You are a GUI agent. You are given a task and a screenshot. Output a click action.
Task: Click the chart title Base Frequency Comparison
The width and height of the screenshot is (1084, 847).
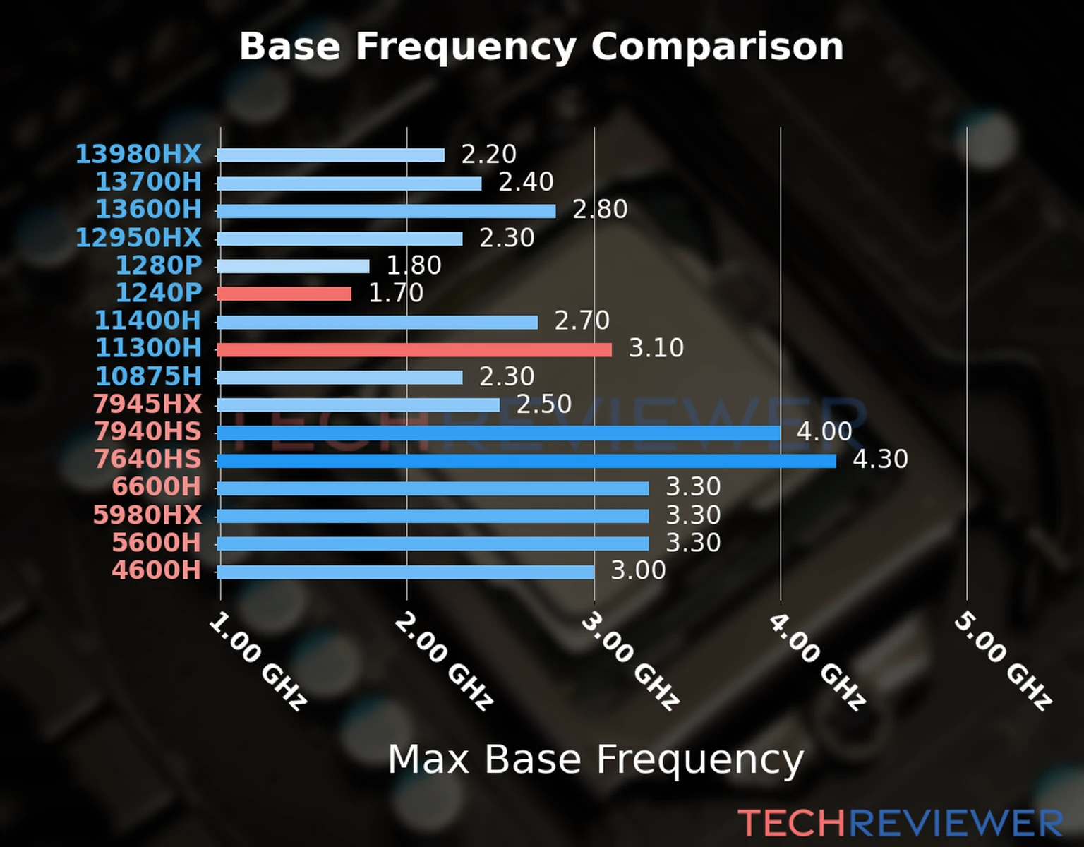[x=541, y=47]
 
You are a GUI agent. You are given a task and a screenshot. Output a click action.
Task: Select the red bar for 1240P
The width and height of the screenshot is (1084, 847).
[x=284, y=294]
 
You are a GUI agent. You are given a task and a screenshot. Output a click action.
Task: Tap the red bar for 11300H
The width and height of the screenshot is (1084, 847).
[x=414, y=349]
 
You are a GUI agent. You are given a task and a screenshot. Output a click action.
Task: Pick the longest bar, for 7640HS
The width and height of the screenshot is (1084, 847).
[x=526, y=461]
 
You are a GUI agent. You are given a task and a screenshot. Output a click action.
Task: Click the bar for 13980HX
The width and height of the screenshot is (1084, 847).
[x=331, y=155]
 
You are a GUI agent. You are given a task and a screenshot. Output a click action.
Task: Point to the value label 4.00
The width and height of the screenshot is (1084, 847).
[x=824, y=431]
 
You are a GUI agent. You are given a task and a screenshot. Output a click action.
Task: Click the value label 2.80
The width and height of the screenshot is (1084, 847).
[x=600, y=210]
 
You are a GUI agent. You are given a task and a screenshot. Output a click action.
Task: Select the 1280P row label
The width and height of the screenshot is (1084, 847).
[x=159, y=265]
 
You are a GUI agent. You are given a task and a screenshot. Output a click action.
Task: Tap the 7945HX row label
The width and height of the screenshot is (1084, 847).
[x=147, y=404]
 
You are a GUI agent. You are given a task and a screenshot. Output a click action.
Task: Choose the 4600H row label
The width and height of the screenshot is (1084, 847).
[x=157, y=570]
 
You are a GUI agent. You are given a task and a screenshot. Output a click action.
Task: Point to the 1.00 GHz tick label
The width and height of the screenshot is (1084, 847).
[x=258, y=661]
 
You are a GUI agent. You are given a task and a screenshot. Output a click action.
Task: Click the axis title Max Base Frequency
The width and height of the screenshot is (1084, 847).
[x=596, y=760]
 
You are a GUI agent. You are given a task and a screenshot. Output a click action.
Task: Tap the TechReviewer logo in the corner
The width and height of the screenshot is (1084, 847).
[x=901, y=823]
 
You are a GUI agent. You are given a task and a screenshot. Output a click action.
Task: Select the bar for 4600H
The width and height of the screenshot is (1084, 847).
[x=406, y=572]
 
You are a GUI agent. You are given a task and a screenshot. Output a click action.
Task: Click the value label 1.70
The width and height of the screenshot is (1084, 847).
[x=396, y=293]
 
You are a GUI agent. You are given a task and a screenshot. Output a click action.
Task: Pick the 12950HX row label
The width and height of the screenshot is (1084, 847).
[x=139, y=238]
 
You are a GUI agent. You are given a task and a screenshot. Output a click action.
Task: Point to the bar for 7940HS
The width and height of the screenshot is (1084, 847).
[x=498, y=433]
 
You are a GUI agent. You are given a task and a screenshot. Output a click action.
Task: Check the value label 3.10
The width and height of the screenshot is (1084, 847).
[x=656, y=348]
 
